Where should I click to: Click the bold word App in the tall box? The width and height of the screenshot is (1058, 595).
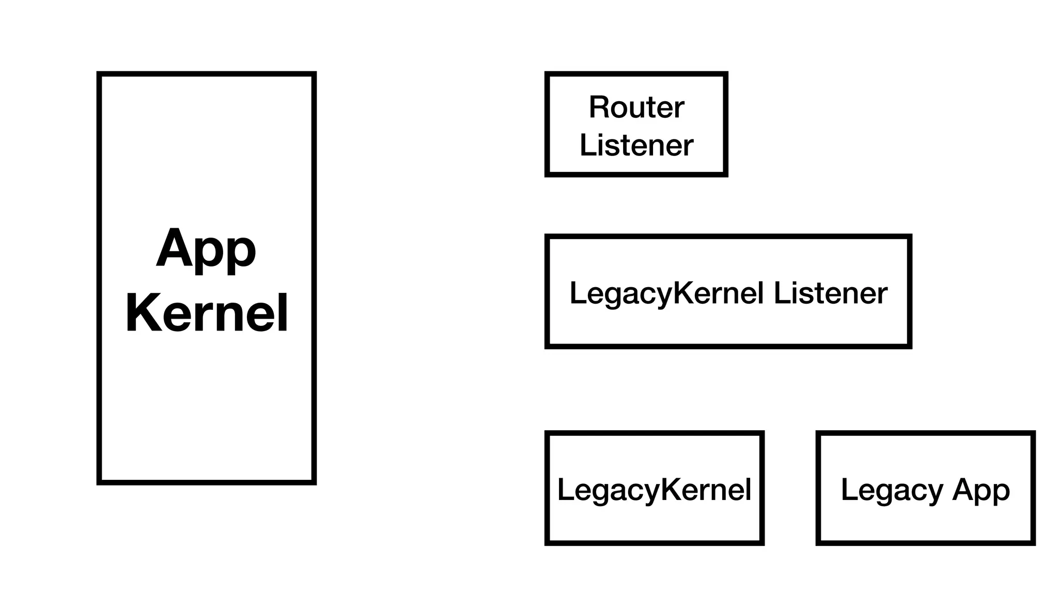click(206, 249)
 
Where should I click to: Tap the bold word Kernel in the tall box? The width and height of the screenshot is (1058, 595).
click(207, 314)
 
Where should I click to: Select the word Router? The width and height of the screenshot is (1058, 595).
click(636, 107)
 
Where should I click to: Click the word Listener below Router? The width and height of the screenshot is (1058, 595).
click(636, 146)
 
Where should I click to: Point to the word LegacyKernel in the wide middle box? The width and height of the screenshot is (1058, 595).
click(666, 293)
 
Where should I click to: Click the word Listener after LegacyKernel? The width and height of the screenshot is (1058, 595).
click(830, 293)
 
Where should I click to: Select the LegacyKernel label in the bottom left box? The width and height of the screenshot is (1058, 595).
click(654, 490)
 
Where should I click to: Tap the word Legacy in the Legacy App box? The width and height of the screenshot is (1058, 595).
click(892, 490)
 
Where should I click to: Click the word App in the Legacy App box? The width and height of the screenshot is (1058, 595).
click(981, 490)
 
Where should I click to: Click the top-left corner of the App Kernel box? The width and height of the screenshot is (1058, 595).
click(99, 74)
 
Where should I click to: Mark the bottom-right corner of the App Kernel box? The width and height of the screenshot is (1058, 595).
click(314, 482)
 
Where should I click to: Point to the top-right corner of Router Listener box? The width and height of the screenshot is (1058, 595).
click(726, 74)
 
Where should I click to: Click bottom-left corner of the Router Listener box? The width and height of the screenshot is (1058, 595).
click(547, 175)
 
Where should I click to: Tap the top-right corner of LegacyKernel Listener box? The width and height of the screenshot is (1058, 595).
click(910, 237)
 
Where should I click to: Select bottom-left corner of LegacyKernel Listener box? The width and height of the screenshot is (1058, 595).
click(547, 347)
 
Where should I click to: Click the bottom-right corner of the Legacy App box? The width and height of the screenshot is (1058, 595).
click(1033, 543)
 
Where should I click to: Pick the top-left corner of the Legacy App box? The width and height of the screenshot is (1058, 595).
click(818, 433)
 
